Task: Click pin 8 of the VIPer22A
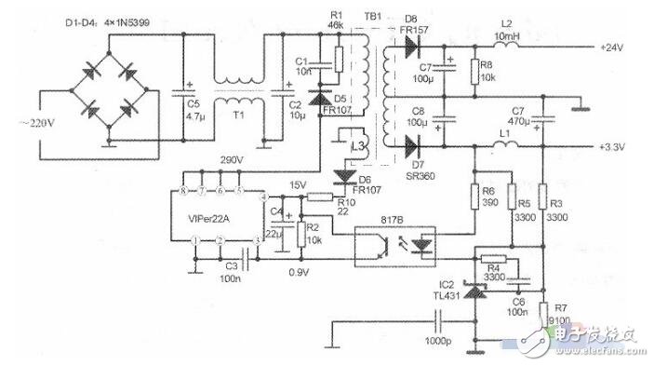186,190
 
